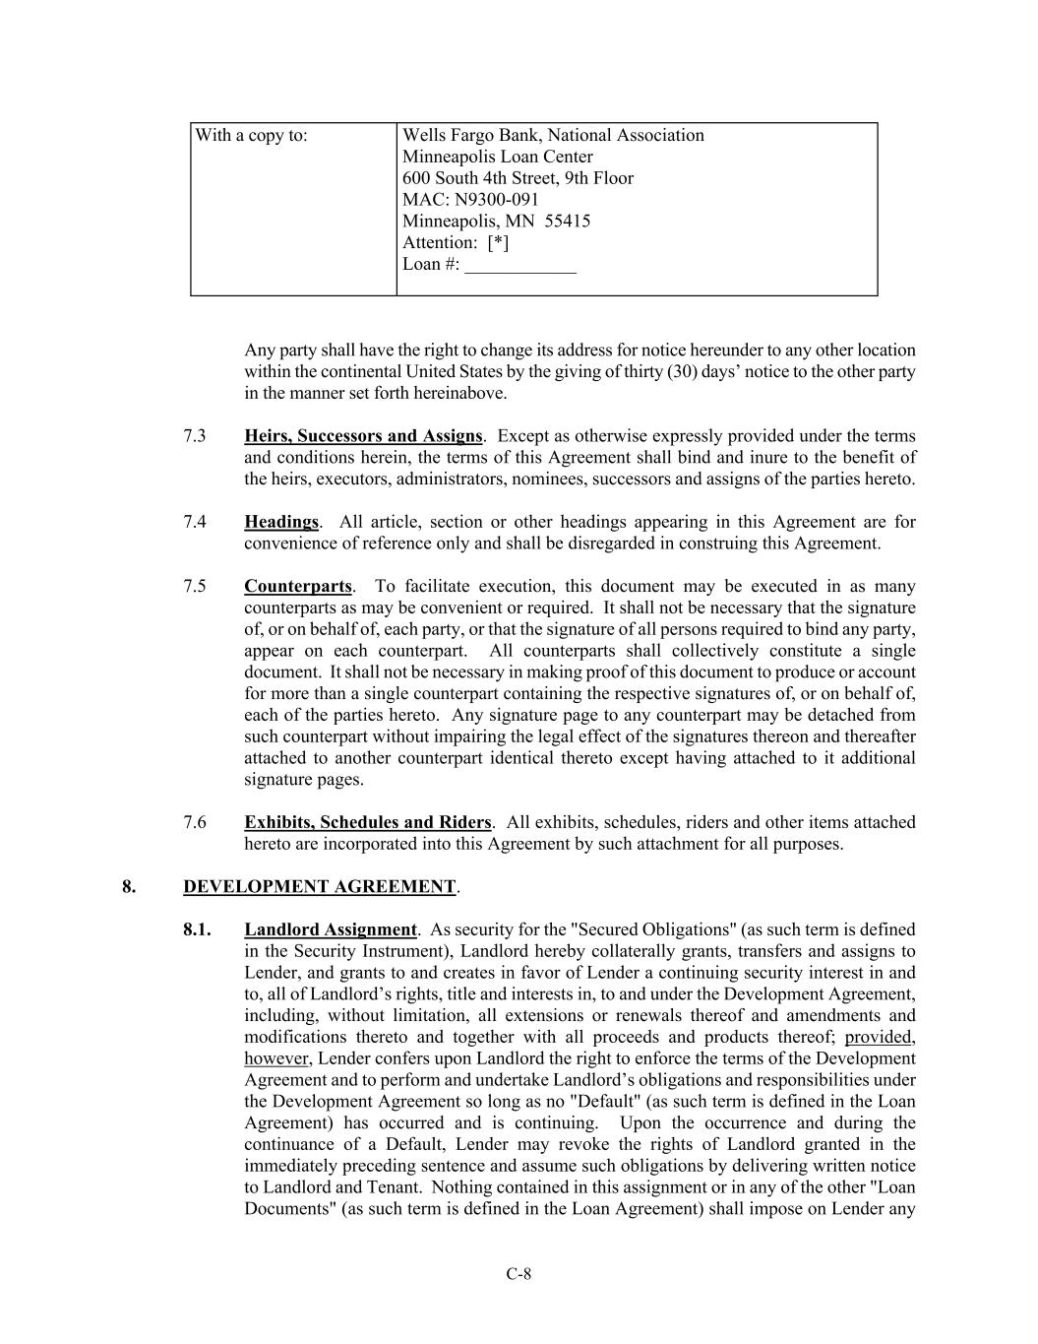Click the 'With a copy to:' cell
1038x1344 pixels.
pos(251,136)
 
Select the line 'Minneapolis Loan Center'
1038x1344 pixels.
pos(497,158)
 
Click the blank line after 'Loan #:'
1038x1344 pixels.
pos(519,266)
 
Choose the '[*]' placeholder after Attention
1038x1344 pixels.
pos(498,243)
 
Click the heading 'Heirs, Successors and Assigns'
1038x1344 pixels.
pos(363,436)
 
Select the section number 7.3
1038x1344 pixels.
pos(194,436)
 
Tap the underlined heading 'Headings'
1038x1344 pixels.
pos(281,522)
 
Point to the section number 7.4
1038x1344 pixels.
pos(194,522)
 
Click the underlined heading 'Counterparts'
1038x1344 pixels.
pos(297,587)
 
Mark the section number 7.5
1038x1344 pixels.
pos(194,587)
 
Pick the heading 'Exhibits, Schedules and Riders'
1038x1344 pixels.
pos(367,822)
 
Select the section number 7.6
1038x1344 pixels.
pos(194,822)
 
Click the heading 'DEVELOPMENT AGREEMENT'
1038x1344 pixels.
pos(319,887)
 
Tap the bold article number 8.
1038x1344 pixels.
pos(129,887)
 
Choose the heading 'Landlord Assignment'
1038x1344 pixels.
pos(331,929)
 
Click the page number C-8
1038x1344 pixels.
pos(519,1274)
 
